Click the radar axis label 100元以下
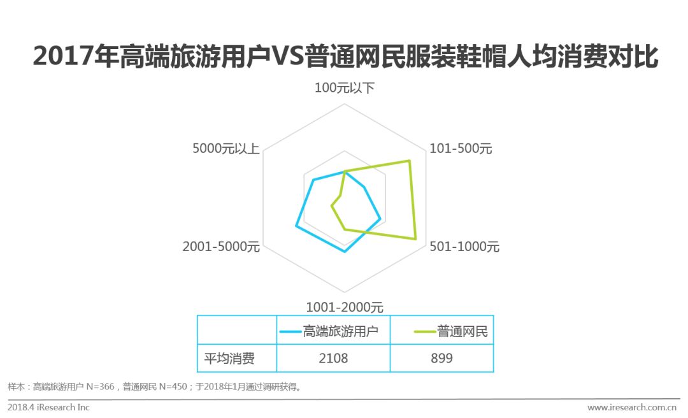(x=344, y=88)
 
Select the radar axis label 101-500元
(x=461, y=149)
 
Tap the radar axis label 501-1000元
(x=464, y=247)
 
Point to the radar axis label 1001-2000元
(x=345, y=306)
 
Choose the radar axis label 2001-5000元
(x=221, y=247)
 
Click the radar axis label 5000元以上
(x=226, y=149)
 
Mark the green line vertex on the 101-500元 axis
(x=409, y=161)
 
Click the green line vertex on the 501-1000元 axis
(x=416, y=240)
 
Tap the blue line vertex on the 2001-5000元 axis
(x=296, y=226)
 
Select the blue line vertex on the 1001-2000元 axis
(x=345, y=252)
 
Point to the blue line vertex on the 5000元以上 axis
(x=313, y=180)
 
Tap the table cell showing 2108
(x=333, y=358)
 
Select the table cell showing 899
(x=441, y=358)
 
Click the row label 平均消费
(x=229, y=358)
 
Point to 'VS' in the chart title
(x=288, y=58)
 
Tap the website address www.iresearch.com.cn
(x=631, y=407)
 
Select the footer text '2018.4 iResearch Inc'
(x=49, y=407)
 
